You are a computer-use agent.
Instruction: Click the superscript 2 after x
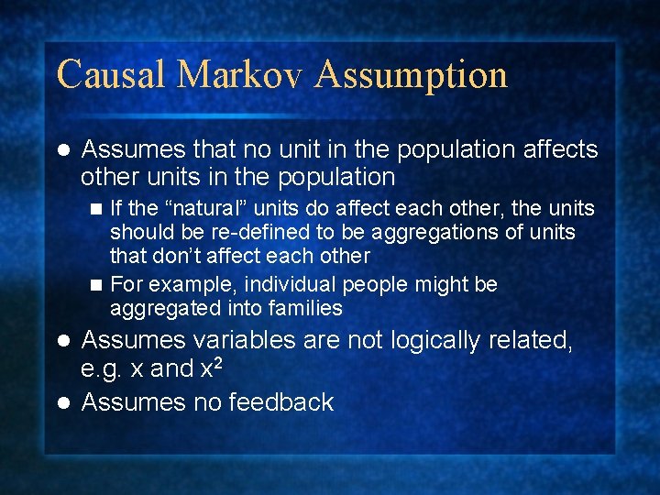coord(219,363)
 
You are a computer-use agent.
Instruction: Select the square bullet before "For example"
coord(97,286)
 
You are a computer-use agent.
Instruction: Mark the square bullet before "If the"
coord(97,210)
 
